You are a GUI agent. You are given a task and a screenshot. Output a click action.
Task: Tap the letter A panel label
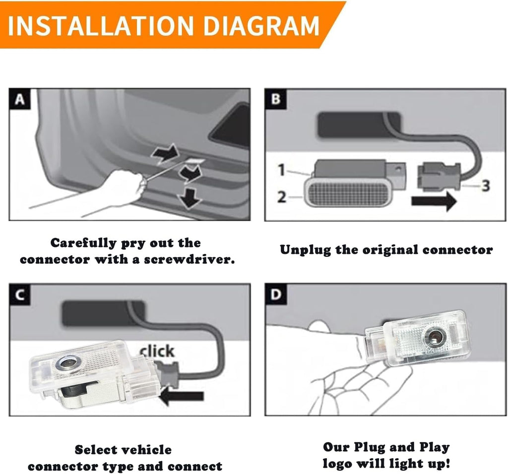[19, 99]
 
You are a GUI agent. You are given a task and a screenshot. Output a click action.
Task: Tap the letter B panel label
[275, 99]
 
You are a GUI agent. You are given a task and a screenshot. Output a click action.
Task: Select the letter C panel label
[19, 295]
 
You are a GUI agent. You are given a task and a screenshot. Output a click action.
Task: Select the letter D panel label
[275, 295]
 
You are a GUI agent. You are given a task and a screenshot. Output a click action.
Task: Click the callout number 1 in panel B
[282, 170]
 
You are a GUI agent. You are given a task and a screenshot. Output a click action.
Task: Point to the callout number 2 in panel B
[282, 196]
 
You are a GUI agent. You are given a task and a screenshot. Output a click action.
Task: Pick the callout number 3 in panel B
[485, 185]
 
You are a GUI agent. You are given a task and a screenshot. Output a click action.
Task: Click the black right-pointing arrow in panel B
[434, 201]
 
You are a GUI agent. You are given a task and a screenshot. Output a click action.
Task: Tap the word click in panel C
[157, 351]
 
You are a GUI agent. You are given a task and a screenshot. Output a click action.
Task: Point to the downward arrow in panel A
[190, 198]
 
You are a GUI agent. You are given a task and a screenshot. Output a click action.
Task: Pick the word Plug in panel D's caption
[369, 447]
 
